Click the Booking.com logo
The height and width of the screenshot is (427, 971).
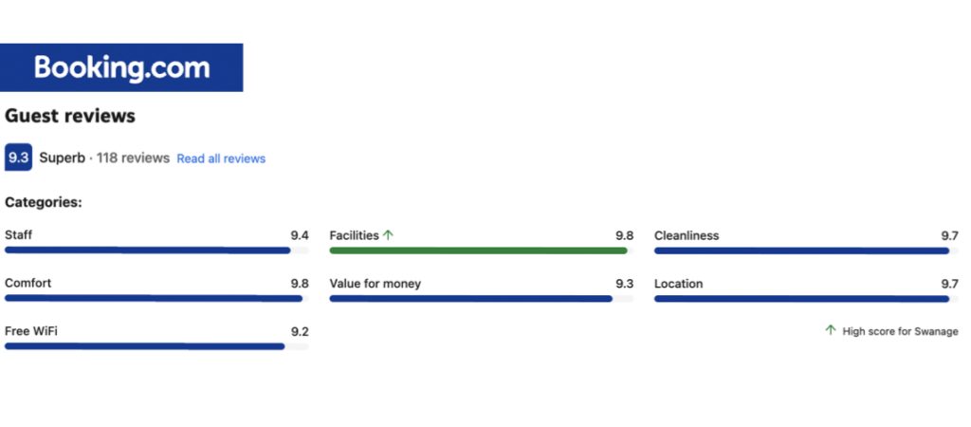[121, 67]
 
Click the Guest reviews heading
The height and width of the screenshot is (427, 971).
[70, 116]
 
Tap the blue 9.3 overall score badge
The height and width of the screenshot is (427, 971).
[18, 158]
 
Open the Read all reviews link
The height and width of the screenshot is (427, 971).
[221, 158]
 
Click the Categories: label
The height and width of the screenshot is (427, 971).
[44, 202]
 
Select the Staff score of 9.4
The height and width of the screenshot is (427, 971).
[300, 235]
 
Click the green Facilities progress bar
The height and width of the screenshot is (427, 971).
[478, 251]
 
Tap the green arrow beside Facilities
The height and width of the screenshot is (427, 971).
[388, 235]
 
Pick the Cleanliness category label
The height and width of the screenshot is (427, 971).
[687, 235]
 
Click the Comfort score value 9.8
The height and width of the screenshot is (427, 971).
[300, 284]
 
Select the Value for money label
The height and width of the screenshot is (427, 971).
[376, 284]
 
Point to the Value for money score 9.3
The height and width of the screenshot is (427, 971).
[624, 284]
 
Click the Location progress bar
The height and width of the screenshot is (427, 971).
[801, 299]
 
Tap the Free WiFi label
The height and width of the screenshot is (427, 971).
[31, 331]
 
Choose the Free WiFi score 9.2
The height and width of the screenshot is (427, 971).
[300, 332]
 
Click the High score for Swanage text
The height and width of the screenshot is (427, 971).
[900, 331]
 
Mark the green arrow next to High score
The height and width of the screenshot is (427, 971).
[831, 330]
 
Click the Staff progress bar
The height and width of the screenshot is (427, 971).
[148, 251]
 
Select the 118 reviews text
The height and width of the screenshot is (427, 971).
[133, 158]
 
